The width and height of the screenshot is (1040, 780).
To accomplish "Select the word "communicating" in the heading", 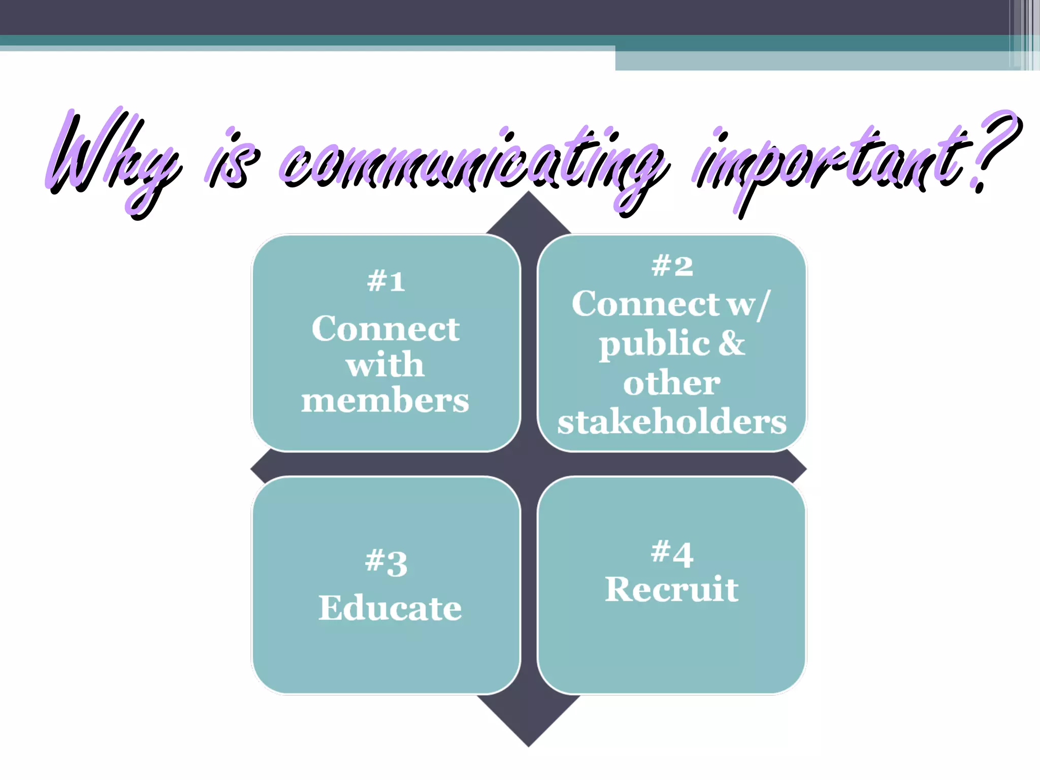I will tap(472, 162).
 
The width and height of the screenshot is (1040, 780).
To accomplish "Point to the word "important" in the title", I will tap(833, 162).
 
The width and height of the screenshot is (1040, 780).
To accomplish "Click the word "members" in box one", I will tap(385, 401).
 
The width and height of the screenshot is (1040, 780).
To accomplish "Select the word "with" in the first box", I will tap(385, 365).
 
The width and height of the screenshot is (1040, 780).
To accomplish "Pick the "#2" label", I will tap(672, 266).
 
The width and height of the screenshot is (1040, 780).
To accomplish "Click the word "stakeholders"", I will tap(672, 421).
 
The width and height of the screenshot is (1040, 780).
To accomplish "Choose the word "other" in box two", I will tap(671, 383).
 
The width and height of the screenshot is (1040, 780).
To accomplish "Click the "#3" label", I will tap(386, 563).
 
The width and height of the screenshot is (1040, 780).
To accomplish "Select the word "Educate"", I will tap(390, 608).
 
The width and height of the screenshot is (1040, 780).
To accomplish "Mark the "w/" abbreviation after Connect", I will tap(749, 304).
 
